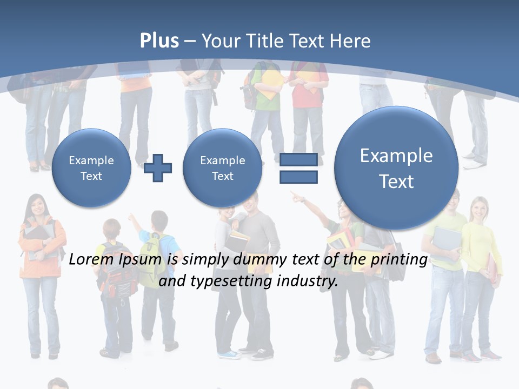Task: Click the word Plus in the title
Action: click(159, 41)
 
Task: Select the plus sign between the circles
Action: click(158, 168)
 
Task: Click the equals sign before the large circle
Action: click(298, 168)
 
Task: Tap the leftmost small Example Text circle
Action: click(91, 168)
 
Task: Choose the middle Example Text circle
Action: click(222, 168)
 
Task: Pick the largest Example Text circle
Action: click(396, 168)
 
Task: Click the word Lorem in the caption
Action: click(92, 260)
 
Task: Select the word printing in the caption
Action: click(400, 260)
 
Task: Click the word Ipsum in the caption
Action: click(141, 260)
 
